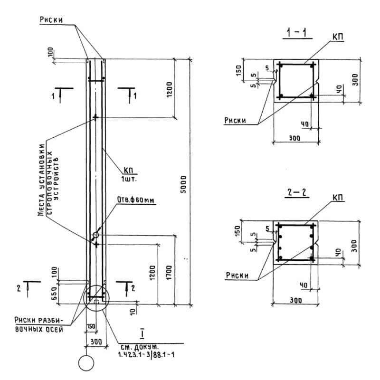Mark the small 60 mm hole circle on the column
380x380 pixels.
[x=96, y=235]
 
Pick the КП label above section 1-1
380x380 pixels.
[x=338, y=37]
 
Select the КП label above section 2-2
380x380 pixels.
[x=338, y=197]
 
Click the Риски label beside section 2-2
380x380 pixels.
[x=237, y=275]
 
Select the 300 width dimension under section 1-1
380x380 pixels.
[x=295, y=138]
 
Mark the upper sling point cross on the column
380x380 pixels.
[x=96, y=117]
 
